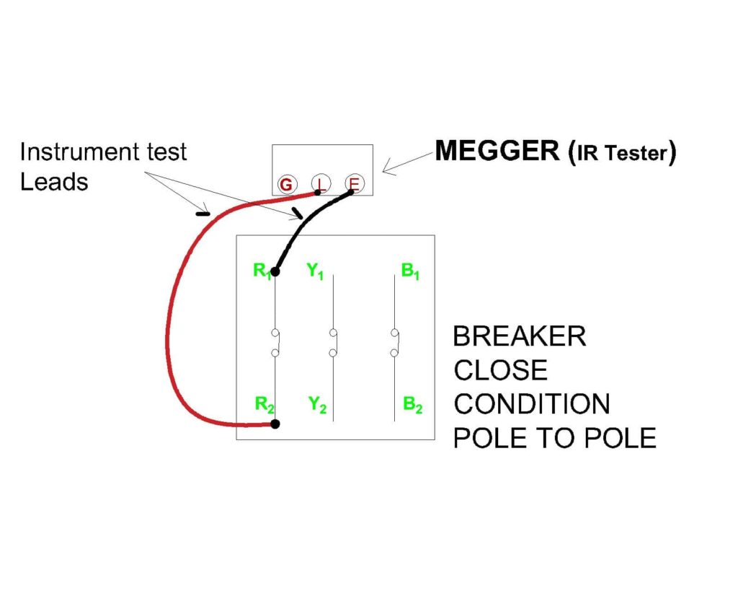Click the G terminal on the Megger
click(286, 185)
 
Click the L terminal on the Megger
click(321, 185)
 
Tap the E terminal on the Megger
click(353, 184)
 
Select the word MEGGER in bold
click(497, 151)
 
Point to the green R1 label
click(261, 271)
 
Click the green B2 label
click(412, 406)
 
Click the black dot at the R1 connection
click(275, 272)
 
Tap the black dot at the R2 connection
click(275, 424)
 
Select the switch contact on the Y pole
click(333, 342)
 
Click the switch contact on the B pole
click(395, 342)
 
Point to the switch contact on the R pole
click(275, 342)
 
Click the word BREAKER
click(518, 336)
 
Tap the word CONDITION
click(531, 403)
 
